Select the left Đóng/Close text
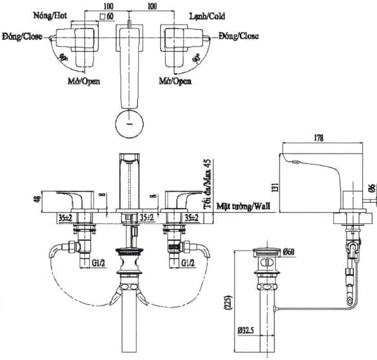point(23,36)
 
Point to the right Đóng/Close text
point(238,36)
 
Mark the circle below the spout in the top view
point(129,123)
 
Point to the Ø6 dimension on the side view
point(372,188)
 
